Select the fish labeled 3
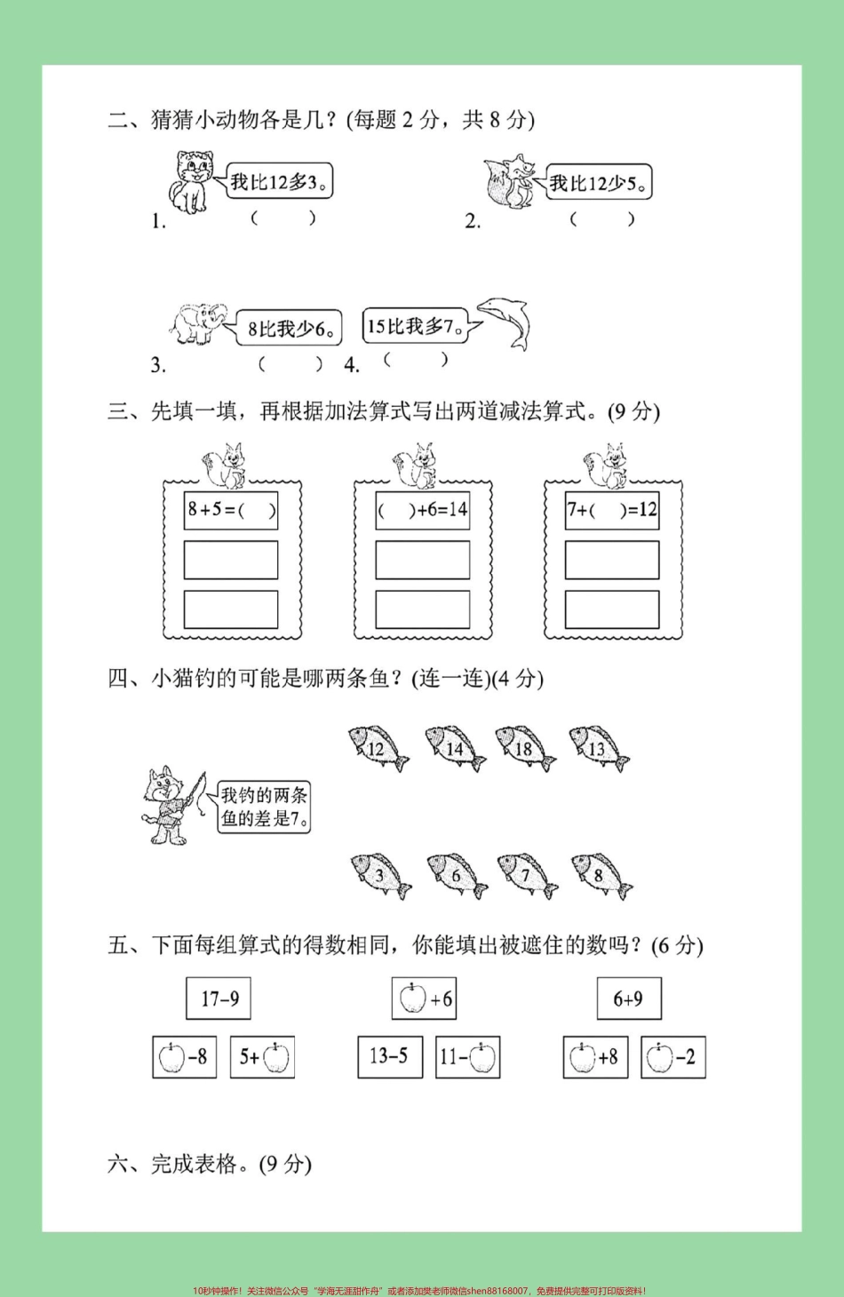coord(380,876)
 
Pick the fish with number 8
coord(601,876)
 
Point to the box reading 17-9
coord(219,999)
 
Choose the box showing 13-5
coord(390,1056)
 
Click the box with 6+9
coord(629,999)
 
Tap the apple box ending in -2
coord(673,1057)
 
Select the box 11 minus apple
coord(468,1057)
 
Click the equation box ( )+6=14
coord(422,510)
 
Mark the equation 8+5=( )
coord(231,510)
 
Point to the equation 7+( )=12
coord(612,510)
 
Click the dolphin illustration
coord(506,322)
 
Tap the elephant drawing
coord(198,323)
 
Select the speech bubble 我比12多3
coord(279,181)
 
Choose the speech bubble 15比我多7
coord(415,326)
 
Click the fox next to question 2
coord(509,182)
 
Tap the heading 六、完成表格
coord(210,1164)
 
